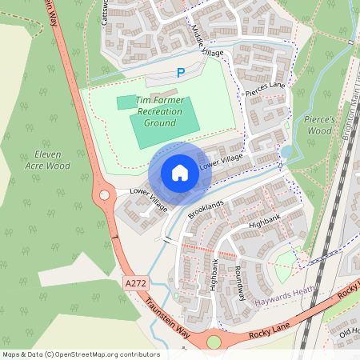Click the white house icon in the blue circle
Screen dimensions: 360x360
click(x=180, y=173)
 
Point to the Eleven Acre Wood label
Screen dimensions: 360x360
click(x=47, y=160)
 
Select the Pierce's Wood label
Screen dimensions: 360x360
click(x=318, y=125)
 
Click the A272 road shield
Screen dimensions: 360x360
click(x=136, y=283)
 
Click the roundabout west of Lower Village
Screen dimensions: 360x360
click(x=103, y=195)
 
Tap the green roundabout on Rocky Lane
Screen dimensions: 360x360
click(x=214, y=342)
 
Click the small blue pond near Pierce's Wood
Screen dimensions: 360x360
click(x=286, y=152)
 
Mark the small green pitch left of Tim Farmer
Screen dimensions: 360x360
click(x=126, y=102)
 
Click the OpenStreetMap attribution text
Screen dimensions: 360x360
click(x=80, y=354)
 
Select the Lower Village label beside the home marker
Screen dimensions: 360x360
click(x=221, y=161)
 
